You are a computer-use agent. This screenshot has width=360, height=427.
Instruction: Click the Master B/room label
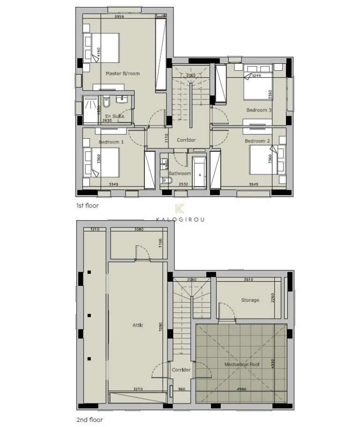[x=122, y=74]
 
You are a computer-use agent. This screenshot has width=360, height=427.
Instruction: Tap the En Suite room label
[x=114, y=116]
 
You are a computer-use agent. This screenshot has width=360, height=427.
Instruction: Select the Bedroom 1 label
[x=111, y=142]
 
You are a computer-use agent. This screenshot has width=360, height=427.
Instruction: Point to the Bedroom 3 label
[x=259, y=110]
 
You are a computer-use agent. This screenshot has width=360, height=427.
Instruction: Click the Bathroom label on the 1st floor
[x=180, y=173]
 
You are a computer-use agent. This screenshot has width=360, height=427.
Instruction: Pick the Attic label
[x=138, y=325]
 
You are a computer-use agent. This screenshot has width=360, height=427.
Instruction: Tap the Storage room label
[x=250, y=300]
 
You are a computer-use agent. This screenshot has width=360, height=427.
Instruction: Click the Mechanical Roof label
[x=241, y=364]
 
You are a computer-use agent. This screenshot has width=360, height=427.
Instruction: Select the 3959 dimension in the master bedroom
[x=119, y=17]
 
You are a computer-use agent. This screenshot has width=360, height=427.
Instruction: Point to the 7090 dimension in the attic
[x=160, y=325]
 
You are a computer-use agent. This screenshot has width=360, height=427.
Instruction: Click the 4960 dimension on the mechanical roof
[x=241, y=389]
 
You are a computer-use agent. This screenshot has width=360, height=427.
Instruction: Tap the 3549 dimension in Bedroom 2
[x=254, y=184]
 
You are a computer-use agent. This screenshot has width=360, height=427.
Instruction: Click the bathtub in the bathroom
[x=199, y=172]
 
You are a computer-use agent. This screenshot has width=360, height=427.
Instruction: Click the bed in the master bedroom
[x=102, y=47]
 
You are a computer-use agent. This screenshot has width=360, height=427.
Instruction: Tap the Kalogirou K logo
[x=180, y=210]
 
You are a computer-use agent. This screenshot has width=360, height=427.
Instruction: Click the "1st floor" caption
[x=88, y=205]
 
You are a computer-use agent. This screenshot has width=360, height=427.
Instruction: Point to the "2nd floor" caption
[x=89, y=420]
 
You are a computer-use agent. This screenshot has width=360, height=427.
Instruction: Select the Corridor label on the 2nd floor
[x=181, y=370]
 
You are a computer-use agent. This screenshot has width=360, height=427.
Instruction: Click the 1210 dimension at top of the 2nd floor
[x=95, y=229]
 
